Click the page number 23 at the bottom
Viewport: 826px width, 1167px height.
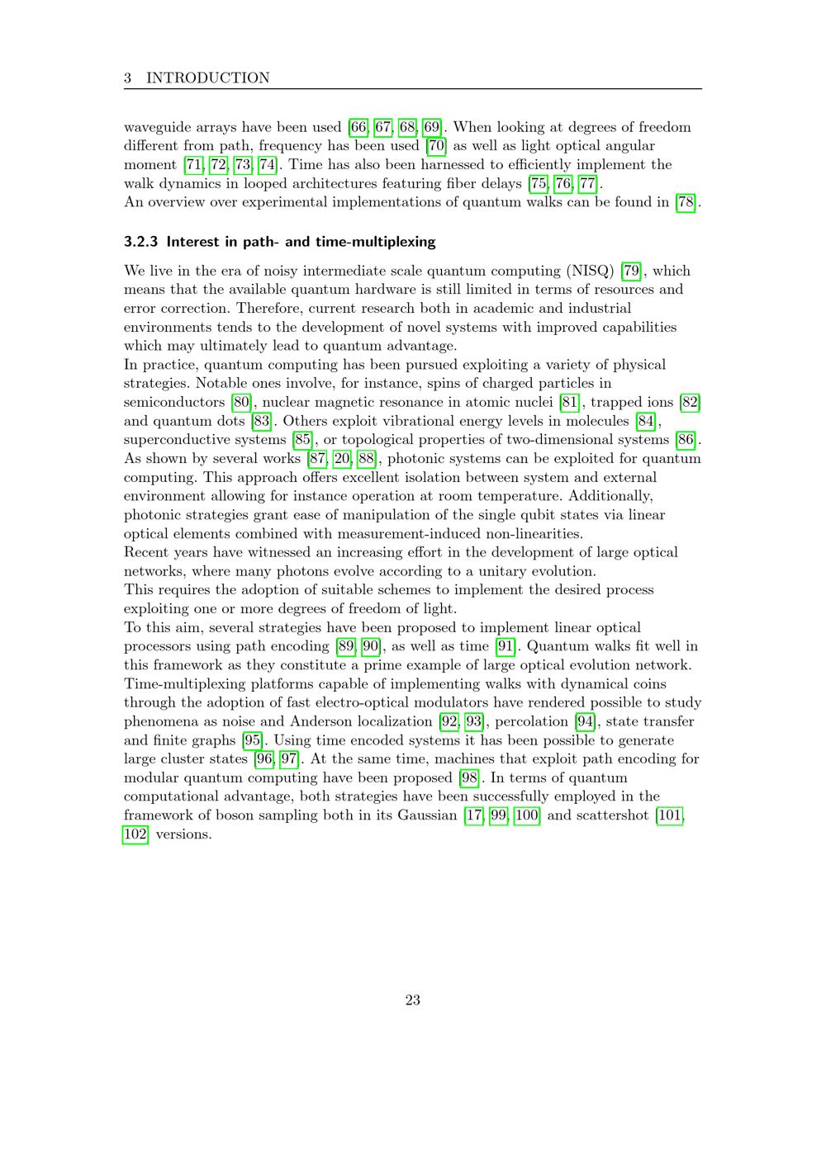pyautogui.click(x=413, y=1000)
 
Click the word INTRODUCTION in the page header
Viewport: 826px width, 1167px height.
pyautogui.click(x=207, y=78)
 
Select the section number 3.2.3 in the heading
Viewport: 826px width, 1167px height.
pyautogui.click(x=141, y=242)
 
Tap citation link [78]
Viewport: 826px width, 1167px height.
pyautogui.click(x=686, y=202)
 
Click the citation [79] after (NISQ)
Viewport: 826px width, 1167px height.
pyautogui.click(x=631, y=271)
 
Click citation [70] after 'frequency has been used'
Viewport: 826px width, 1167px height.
pyautogui.click(x=436, y=146)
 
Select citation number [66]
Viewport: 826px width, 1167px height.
pyautogui.click(x=358, y=127)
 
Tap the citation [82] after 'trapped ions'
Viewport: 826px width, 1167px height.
pyautogui.click(x=690, y=402)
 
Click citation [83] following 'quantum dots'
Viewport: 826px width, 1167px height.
pyautogui.click(x=261, y=421)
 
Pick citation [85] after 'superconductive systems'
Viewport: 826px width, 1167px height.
pyautogui.click(x=302, y=440)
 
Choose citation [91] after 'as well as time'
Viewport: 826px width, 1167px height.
pyautogui.click(x=505, y=646)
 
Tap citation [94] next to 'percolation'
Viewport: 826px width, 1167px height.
pyautogui.click(x=585, y=721)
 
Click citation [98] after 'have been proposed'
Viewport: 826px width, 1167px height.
pyautogui.click(x=469, y=777)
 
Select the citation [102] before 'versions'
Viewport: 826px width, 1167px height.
pyautogui.click(x=135, y=834)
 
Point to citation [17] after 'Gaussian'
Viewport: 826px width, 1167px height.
pyautogui.click(x=474, y=815)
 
